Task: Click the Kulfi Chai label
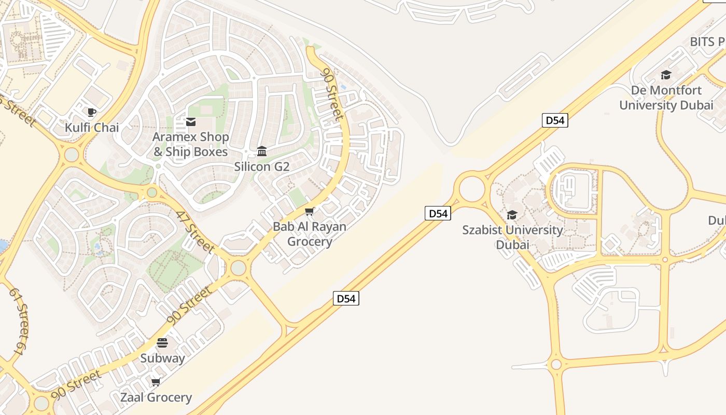tap(92, 127)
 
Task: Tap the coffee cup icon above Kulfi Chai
tap(92, 112)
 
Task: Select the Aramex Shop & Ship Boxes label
tap(190, 144)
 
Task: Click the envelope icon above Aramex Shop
tap(190, 122)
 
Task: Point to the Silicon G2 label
tap(261, 167)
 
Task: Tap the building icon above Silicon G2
tap(262, 151)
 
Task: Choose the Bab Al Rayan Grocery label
tap(310, 234)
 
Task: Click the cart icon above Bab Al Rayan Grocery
tap(310, 211)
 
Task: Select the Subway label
tap(162, 358)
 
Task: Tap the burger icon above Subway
tap(162, 343)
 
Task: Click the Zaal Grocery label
tap(156, 397)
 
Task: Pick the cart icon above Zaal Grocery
tap(156, 382)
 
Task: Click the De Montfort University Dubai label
tap(666, 98)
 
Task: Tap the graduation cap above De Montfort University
tap(666, 75)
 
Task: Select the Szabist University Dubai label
tap(512, 237)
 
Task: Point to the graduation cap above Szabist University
tap(512, 215)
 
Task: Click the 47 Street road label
tap(194, 231)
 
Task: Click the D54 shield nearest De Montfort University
tap(555, 120)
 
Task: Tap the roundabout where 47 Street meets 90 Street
tap(238, 268)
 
